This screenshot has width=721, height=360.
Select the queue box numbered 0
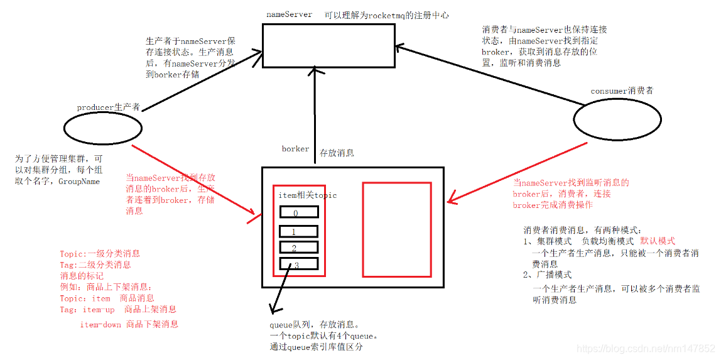[x=299, y=212]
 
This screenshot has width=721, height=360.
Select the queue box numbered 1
[x=299, y=232]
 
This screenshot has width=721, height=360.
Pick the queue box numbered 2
[x=299, y=248]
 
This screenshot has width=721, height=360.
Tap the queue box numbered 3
[x=299, y=265]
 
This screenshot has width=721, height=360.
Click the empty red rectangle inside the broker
[x=396, y=229]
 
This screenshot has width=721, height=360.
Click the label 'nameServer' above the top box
[x=289, y=15]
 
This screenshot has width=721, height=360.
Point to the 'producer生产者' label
[x=109, y=107]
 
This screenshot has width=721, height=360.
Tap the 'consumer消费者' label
[x=622, y=91]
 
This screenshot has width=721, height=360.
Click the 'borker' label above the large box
[x=295, y=150]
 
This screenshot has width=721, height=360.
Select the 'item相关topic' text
[x=307, y=195]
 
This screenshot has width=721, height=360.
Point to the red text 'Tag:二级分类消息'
[x=95, y=265]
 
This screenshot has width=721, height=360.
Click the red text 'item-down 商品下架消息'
[x=129, y=324]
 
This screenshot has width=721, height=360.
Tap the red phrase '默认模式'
[x=657, y=241]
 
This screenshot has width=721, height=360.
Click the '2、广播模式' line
[x=548, y=275]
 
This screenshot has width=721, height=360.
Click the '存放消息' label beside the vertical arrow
[x=337, y=153]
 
